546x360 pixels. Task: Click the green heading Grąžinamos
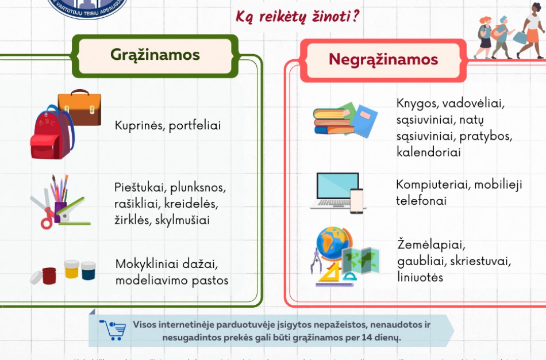[155, 55]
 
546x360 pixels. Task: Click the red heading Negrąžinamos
[383, 59]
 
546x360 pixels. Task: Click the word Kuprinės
[139, 125]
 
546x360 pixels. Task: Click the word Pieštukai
[139, 188]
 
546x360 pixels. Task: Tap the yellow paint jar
[71, 269]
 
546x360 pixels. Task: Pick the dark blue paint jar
[89, 271]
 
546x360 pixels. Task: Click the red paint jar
[49, 275]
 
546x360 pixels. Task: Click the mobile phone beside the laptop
[357, 201]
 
